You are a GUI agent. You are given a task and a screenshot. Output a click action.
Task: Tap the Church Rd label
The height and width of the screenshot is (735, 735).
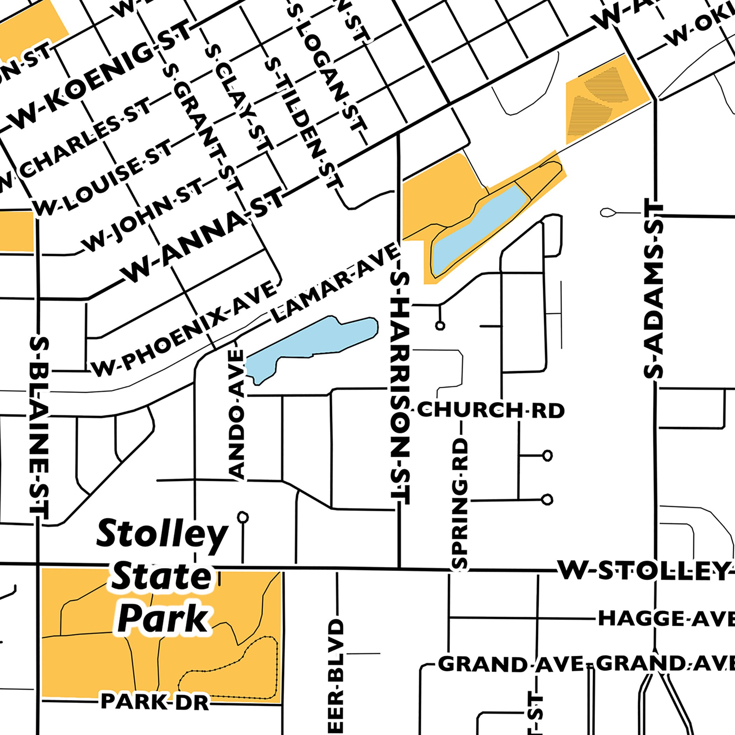point(490,411)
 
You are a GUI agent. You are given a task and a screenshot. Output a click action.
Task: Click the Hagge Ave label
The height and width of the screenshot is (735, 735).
point(666,618)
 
